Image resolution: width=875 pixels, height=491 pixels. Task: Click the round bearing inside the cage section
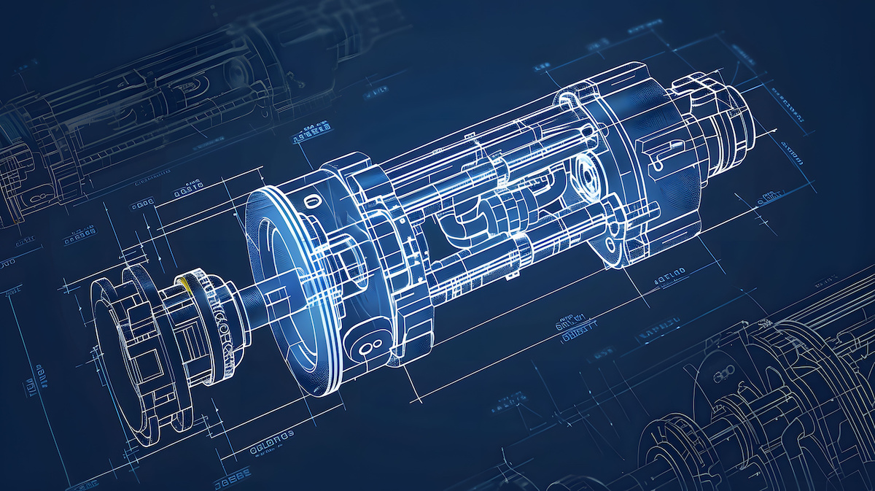[x=585, y=172]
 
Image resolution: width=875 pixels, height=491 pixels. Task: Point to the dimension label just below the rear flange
[x=666, y=277]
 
